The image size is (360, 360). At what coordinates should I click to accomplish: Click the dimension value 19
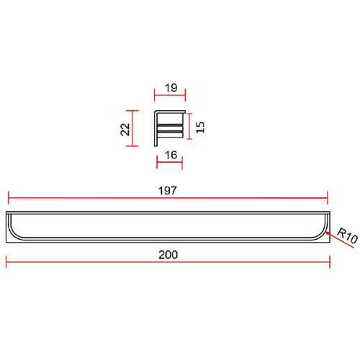(x=171, y=88)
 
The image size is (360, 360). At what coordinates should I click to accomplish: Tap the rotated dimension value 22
(x=125, y=129)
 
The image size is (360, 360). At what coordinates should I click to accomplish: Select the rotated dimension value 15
(x=200, y=127)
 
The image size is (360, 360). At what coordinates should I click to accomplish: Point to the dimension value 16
(x=171, y=155)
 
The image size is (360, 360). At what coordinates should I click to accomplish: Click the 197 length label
(x=168, y=191)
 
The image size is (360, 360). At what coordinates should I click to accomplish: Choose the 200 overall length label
(x=168, y=255)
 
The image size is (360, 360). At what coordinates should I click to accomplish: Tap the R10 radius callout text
(x=347, y=235)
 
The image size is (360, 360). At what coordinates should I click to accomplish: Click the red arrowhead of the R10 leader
(x=328, y=233)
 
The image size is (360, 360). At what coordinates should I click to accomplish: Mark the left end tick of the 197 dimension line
(x=9, y=198)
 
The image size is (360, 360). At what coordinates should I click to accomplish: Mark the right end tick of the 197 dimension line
(x=328, y=198)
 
